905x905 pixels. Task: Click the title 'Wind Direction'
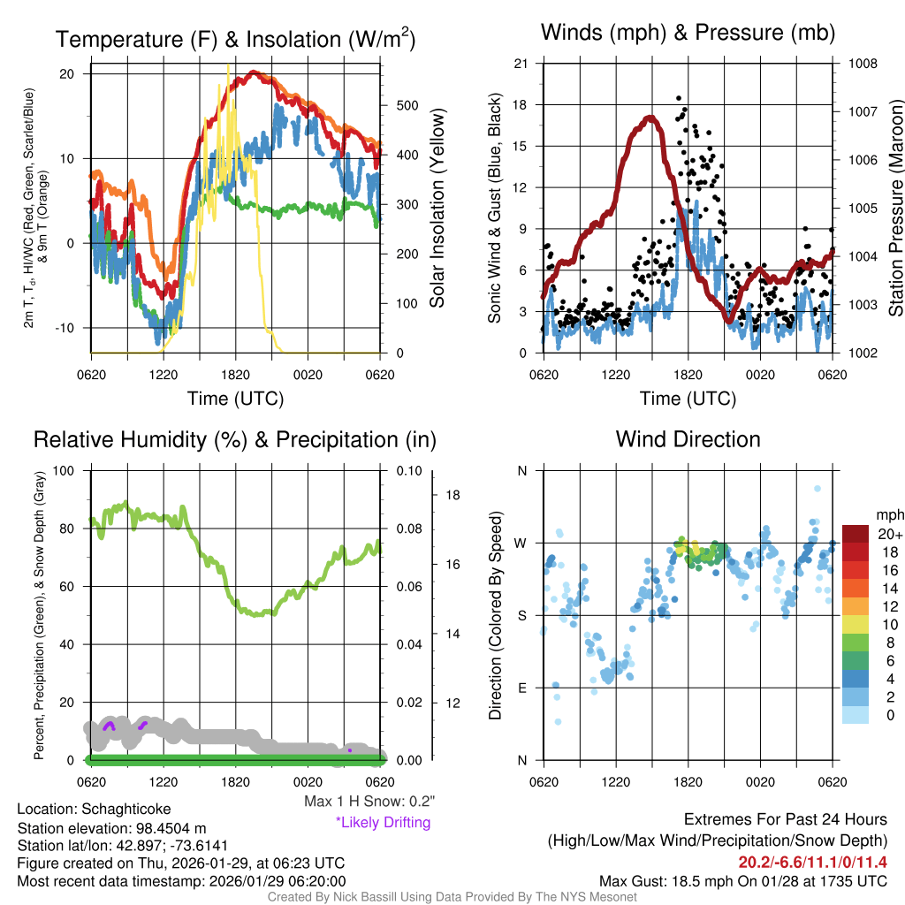(x=688, y=439)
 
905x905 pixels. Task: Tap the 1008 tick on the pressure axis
(x=862, y=64)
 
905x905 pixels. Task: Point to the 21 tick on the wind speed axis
(x=521, y=64)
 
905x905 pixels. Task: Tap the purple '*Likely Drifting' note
(x=383, y=823)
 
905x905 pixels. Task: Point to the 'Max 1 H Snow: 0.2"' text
(x=369, y=802)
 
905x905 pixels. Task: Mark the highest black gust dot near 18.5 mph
(x=679, y=98)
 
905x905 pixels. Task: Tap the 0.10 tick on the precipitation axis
(x=408, y=470)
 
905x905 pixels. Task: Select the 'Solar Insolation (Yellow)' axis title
(x=437, y=209)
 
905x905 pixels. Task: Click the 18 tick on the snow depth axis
(x=452, y=495)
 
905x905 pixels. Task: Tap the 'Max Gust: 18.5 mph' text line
(x=742, y=881)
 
